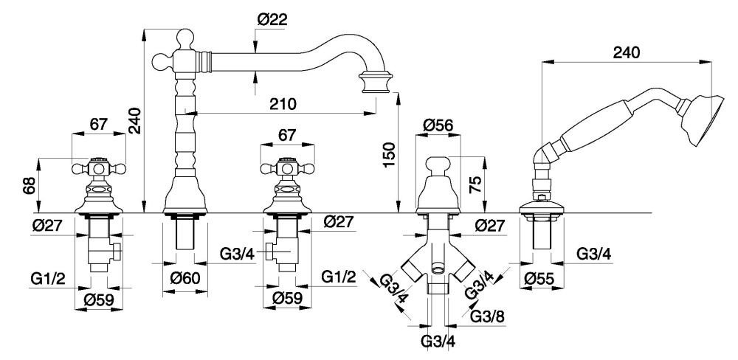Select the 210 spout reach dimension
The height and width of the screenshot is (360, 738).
point(283,104)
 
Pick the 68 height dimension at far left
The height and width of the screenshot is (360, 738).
point(29,184)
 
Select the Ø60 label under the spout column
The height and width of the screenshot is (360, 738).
point(183,279)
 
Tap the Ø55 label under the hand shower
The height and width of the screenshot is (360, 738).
point(541,280)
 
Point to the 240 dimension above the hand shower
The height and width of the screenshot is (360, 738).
point(627,53)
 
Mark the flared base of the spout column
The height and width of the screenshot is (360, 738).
point(184,193)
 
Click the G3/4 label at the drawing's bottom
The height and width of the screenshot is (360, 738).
point(437,342)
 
